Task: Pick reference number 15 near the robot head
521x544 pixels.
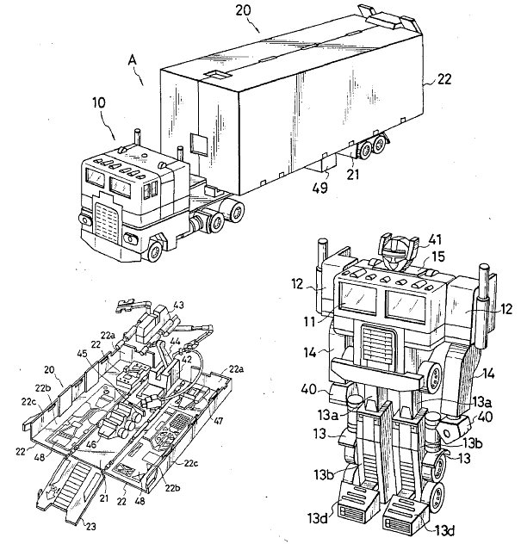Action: (437, 256)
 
